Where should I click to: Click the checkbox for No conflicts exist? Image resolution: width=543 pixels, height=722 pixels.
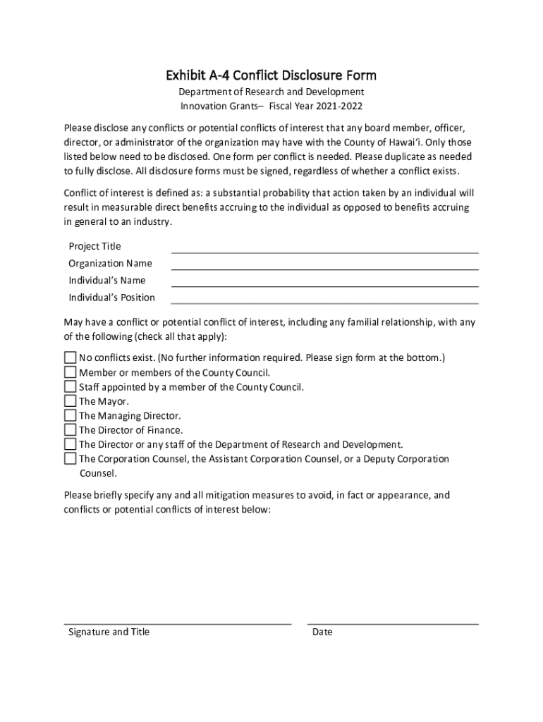[70, 357]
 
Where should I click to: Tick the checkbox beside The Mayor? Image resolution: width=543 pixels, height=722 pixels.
[70, 401]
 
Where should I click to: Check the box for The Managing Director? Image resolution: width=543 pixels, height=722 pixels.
[70, 415]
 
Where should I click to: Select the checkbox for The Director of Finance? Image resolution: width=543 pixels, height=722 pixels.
[70, 429]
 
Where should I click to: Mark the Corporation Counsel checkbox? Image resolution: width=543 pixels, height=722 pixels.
[70, 458]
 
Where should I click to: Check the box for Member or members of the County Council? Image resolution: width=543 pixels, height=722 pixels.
[70, 372]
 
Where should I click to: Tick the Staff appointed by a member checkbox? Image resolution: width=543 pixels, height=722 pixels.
[70, 386]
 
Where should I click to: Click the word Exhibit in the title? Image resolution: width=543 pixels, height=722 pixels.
[184, 75]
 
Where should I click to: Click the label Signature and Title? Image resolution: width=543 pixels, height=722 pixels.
[109, 632]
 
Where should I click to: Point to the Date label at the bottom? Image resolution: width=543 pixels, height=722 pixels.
[322, 632]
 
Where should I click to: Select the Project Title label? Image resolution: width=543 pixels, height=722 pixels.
[94, 246]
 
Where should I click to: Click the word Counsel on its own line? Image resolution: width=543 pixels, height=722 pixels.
[97, 473]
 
